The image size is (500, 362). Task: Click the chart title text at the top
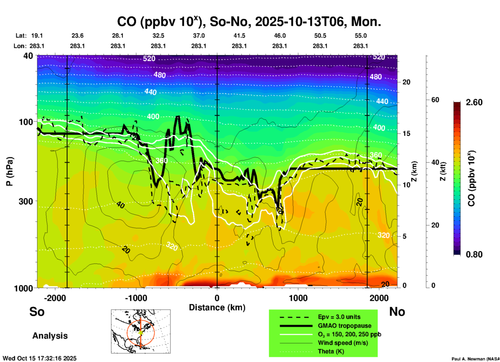tap(249, 22)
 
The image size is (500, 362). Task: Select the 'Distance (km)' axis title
tap(217, 307)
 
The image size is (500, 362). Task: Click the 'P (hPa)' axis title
tap(10, 171)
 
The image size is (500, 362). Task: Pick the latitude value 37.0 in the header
tap(199, 36)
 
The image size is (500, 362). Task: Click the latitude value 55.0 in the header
tap(361, 36)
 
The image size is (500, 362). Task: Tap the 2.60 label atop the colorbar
tap(474, 102)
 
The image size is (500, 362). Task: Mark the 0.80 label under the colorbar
tap(474, 254)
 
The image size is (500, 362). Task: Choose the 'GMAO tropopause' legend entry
tap(344, 326)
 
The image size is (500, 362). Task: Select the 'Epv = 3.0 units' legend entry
tap(339, 317)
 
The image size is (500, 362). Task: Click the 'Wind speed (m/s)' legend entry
tap(343, 343)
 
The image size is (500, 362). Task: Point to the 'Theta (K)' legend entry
tap(331, 351)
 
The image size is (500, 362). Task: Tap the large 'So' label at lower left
tap(37, 312)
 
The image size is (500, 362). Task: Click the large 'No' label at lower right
tap(397, 312)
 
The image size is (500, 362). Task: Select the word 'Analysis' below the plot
tap(50, 336)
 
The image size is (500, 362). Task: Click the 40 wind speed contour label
tap(120, 205)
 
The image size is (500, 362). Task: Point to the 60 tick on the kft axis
tap(435, 100)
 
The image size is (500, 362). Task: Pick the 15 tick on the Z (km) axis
tap(406, 133)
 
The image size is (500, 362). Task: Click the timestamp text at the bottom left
tap(39, 358)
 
